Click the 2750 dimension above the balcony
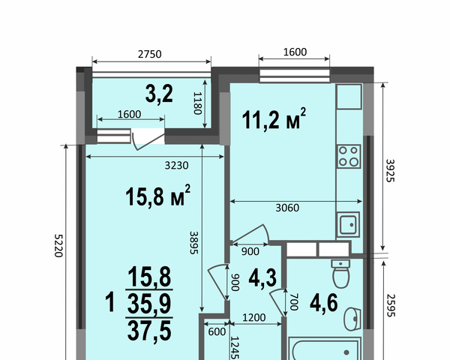pyautogui.click(x=149, y=54)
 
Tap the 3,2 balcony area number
pyautogui.click(x=159, y=94)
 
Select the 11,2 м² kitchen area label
pyautogui.click(x=274, y=118)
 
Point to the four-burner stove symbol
pyautogui.click(x=349, y=157)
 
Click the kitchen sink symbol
pyautogui.click(x=348, y=224)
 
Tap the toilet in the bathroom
pyautogui.click(x=340, y=274)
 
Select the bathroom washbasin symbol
pyautogui.click(x=352, y=319)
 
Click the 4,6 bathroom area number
pyautogui.click(x=324, y=303)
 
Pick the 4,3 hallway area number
pyautogui.click(x=262, y=278)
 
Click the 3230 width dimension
pyautogui.click(x=176, y=165)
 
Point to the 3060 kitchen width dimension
pyautogui.click(x=287, y=208)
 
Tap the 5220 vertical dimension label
pyautogui.click(x=58, y=246)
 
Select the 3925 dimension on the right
pyautogui.click(x=390, y=170)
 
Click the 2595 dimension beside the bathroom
pyautogui.click(x=391, y=305)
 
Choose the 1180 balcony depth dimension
pyautogui.click(x=197, y=103)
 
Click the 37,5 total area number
pyautogui.click(x=149, y=331)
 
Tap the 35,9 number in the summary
pyautogui.click(x=149, y=304)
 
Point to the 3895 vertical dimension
pyautogui.click(x=194, y=242)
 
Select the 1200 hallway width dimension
pyautogui.click(x=254, y=317)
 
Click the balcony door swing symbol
pyautogui.click(x=148, y=139)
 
